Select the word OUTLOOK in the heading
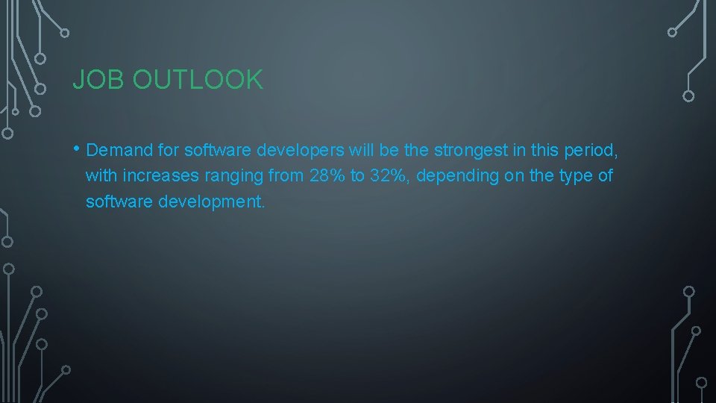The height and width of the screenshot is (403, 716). [198, 80]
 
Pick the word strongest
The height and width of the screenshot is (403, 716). [470, 150]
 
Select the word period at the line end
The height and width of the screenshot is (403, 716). [588, 150]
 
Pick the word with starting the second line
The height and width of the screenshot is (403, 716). [100, 176]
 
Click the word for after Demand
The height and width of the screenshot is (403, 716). [168, 150]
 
